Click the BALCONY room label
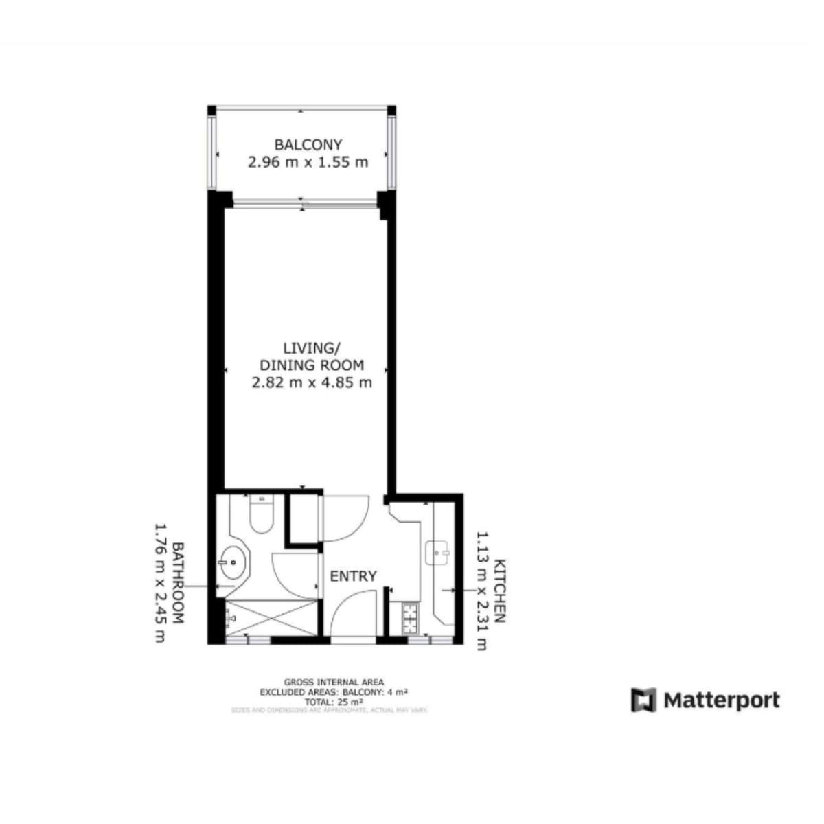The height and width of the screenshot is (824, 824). coord(308,145)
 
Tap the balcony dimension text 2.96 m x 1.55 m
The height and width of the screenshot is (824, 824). coord(308,163)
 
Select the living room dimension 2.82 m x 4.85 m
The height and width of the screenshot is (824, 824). coord(312,382)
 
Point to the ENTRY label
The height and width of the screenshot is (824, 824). coord(353,576)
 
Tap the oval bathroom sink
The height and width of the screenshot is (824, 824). coord(233,564)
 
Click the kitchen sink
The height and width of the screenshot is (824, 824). coord(437,552)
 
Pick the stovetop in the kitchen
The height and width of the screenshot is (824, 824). coord(411,617)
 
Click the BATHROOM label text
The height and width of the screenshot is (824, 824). coord(177,583)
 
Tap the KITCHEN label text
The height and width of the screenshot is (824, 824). coord(500,591)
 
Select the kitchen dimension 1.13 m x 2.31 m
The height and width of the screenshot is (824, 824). coord(482,591)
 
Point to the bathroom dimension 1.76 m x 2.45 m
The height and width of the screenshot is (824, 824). coord(159,583)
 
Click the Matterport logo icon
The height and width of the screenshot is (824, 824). coord(643,700)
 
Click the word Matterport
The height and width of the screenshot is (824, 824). coord(721,700)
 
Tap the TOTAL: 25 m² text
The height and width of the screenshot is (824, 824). coord(330,702)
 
